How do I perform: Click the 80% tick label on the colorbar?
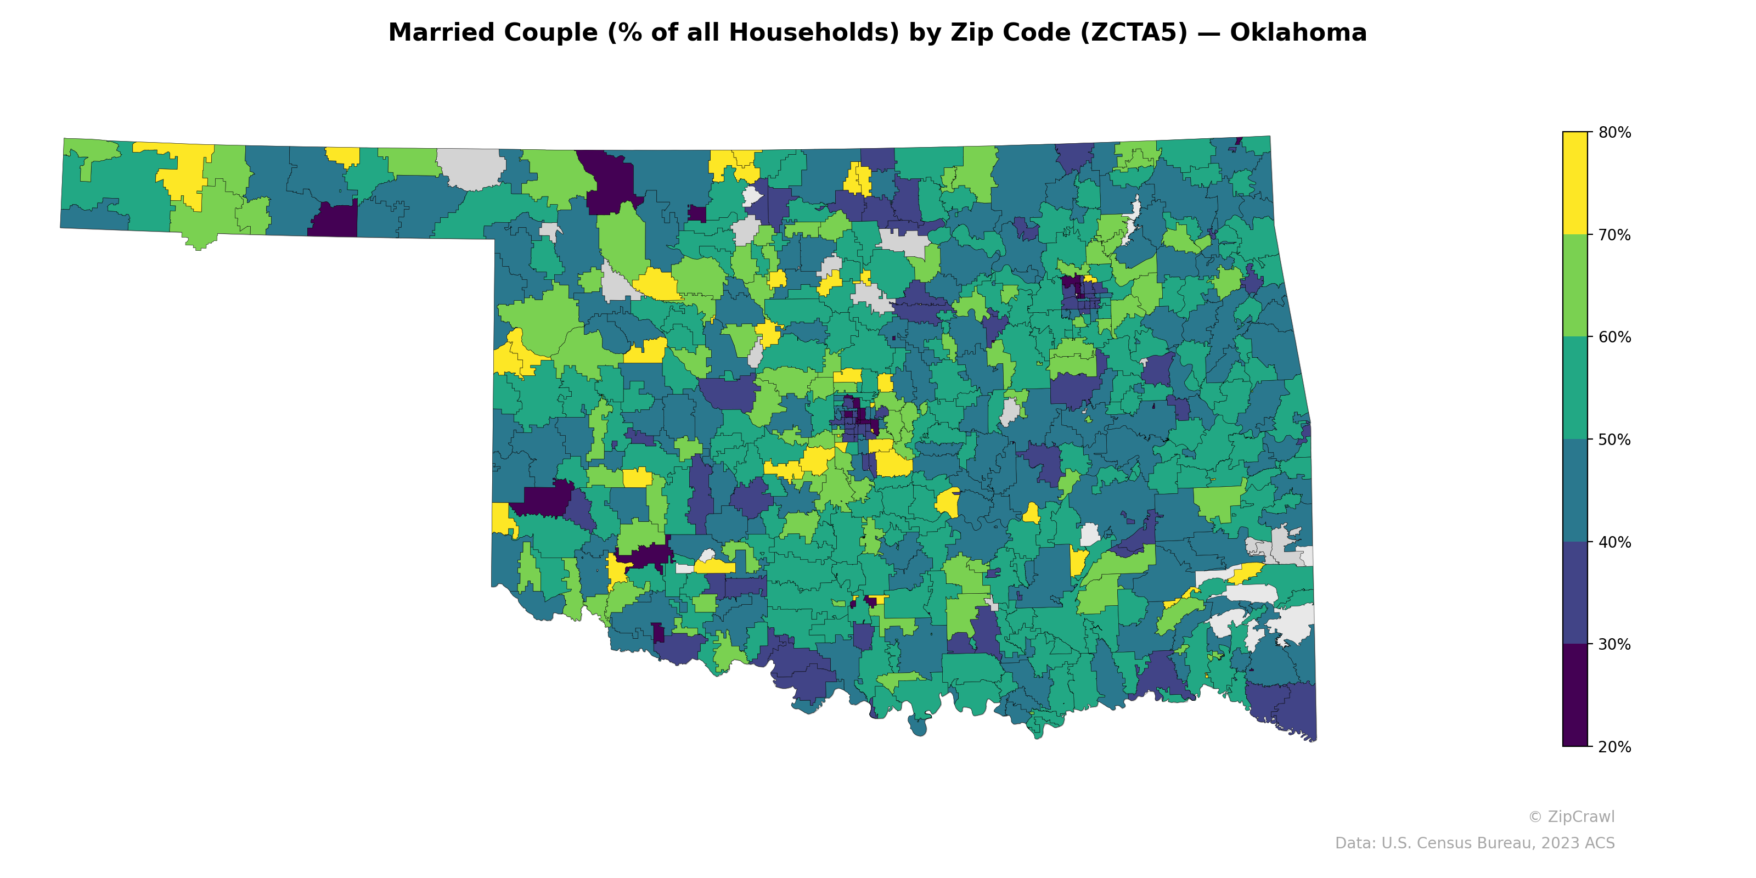pos(1614,132)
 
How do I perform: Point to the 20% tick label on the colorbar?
pos(1614,746)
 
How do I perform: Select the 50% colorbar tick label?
pos(1614,440)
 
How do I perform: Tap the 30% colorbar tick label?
pos(1614,644)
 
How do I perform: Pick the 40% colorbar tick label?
pos(1614,542)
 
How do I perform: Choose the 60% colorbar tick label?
pos(1614,337)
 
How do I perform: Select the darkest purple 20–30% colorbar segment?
pos(1575,695)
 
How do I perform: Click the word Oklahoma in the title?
pos(1298,33)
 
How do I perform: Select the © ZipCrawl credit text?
pos(1571,817)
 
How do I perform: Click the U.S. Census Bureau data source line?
pos(1474,843)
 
